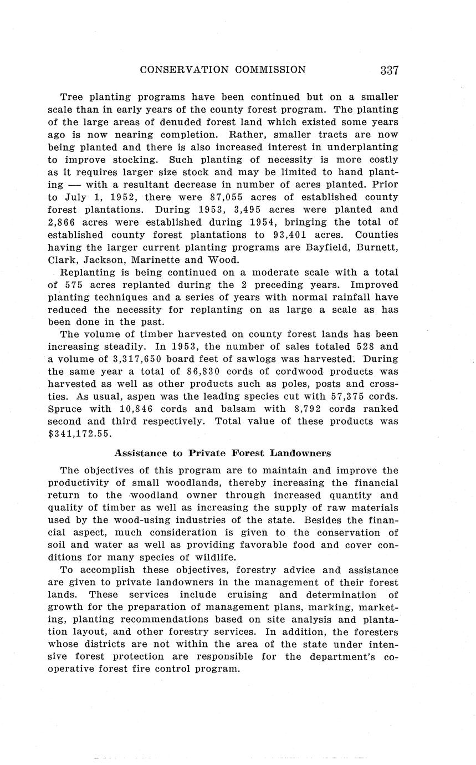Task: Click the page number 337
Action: [x=390, y=70]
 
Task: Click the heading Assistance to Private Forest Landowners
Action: [x=222, y=453]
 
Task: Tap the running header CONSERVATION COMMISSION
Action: [x=223, y=70]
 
